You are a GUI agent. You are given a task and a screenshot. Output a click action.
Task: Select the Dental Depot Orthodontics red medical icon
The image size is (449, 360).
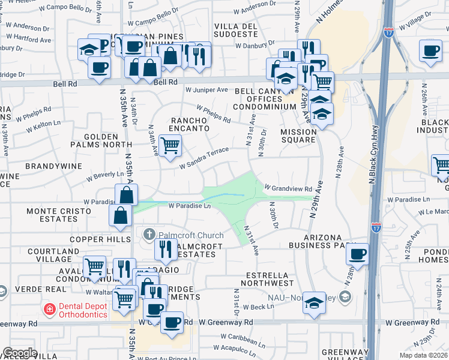tap(49, 309)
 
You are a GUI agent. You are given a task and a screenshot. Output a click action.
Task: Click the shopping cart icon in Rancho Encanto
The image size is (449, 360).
tap(170, 145)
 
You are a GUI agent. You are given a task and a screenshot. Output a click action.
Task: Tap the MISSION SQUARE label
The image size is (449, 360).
tap(298, 136)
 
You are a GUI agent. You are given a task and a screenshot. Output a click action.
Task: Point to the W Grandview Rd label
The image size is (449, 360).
tap(288, 188)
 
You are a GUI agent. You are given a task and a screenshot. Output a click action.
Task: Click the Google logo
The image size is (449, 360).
tap(20, 353)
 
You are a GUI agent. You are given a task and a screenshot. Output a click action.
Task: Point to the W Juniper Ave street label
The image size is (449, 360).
tap(206, 89)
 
